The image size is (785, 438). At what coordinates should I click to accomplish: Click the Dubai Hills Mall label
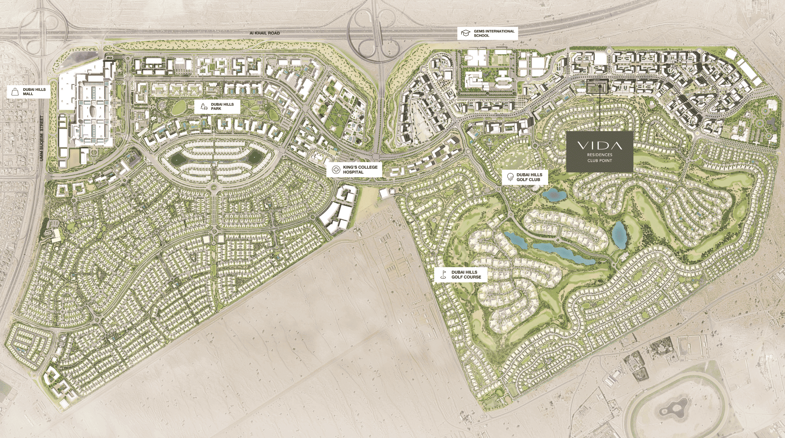tap(34, 92)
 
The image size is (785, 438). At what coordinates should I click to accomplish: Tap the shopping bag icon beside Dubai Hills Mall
tap(15, 92)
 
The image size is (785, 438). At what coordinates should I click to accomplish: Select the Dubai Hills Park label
tap(222, 107)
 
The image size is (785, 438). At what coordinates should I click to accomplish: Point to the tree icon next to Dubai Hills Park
tap(203, 107)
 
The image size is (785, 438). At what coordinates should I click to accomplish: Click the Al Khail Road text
tap(265, 33)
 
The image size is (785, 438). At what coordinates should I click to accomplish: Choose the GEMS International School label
tap(494, 33)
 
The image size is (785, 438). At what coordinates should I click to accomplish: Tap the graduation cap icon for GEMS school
tap(466, 33)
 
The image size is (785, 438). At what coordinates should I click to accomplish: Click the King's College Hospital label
tap(360, 170)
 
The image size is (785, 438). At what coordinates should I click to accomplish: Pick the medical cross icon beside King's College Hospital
tap(336, 170)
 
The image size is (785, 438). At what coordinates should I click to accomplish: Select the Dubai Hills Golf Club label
tap(529, 177)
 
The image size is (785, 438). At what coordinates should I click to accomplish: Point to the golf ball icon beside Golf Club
tap(510, 177)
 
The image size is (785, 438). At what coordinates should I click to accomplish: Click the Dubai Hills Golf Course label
tap(466, 275)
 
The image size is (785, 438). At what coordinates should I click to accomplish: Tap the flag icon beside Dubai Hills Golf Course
tap(443, 275)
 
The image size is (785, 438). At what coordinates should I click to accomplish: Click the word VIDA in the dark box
tap(600, 145)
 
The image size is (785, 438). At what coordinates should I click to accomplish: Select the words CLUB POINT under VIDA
tap(600, 160)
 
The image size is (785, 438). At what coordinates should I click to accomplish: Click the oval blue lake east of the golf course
tap(619, 234)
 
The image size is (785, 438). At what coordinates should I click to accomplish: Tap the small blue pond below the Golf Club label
tap(554, 195)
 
